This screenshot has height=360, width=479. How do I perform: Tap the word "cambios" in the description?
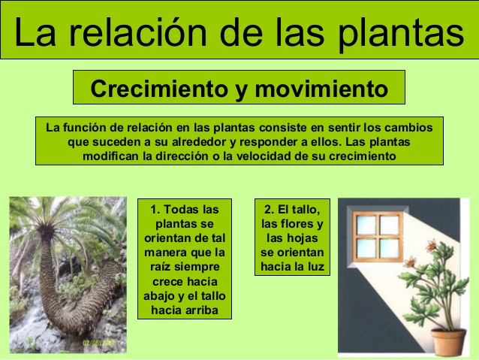coord(410,128)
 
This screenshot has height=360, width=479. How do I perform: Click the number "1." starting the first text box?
coord(155,209)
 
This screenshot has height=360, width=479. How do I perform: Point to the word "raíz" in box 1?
coord(158,266)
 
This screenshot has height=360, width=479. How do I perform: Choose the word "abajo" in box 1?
coord(159,295)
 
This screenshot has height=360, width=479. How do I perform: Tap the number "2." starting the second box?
coord(270,209)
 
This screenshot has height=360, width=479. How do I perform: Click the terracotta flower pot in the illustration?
coord(448,341)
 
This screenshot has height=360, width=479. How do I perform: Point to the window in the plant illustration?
coord(378,234)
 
